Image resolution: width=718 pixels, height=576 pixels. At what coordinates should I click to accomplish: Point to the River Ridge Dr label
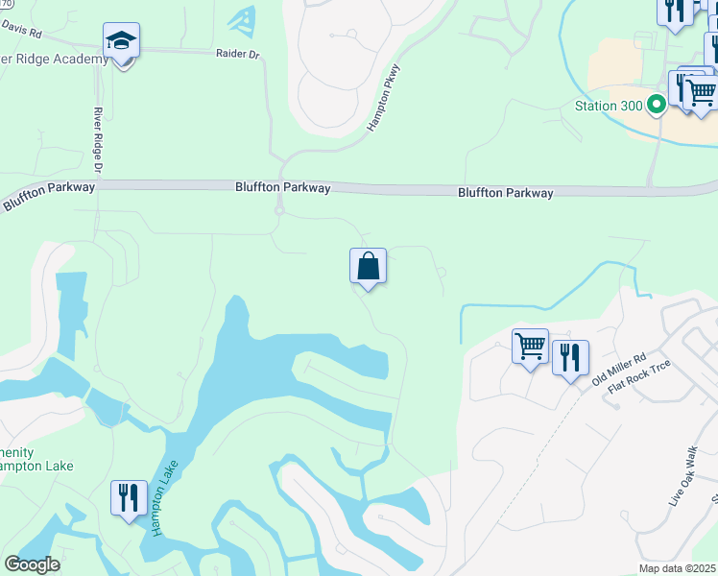click(x=98, y=140)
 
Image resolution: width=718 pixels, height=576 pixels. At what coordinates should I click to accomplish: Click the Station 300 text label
click(x=608, y=105)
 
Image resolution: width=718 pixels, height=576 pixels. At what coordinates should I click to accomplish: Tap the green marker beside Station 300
click(x=658, y=105)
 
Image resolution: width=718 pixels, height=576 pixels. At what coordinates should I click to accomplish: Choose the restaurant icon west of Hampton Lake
click(x=129, y=497)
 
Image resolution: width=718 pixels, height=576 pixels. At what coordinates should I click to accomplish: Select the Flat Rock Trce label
click(x=637, y=381)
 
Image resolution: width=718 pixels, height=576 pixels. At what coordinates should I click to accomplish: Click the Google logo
click(x=32, y=564)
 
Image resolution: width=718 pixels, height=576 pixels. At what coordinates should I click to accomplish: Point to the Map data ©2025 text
click(x=677, y=568)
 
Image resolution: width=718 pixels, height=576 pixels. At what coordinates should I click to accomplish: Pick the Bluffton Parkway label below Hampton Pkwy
click(x=283, y=188)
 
